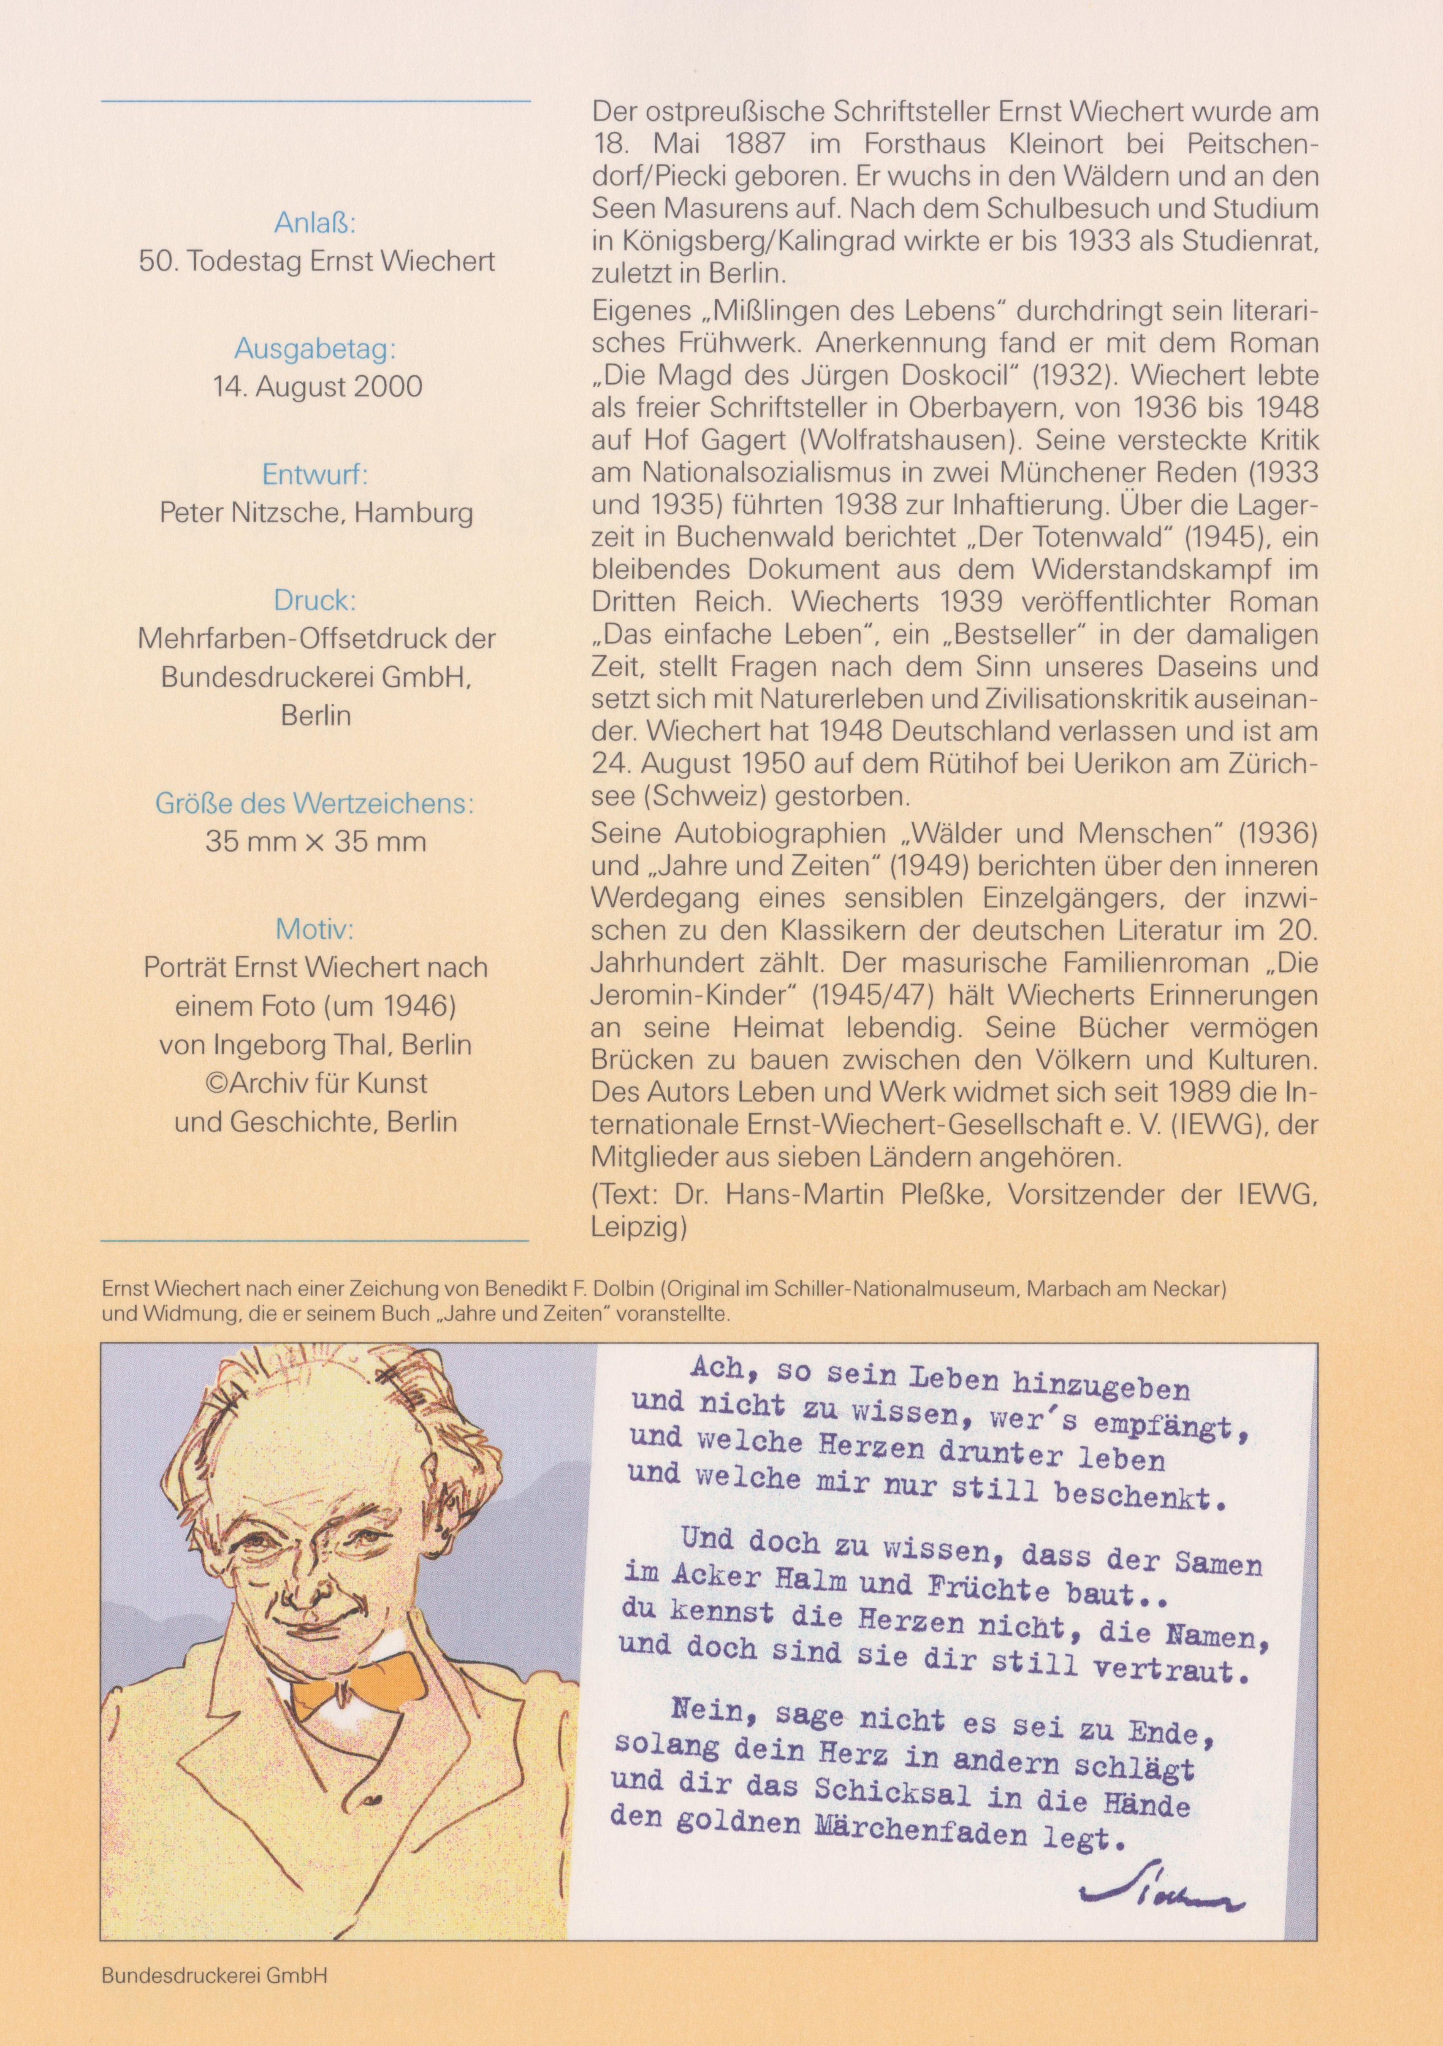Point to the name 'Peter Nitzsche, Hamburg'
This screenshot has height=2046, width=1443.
point(316,512)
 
